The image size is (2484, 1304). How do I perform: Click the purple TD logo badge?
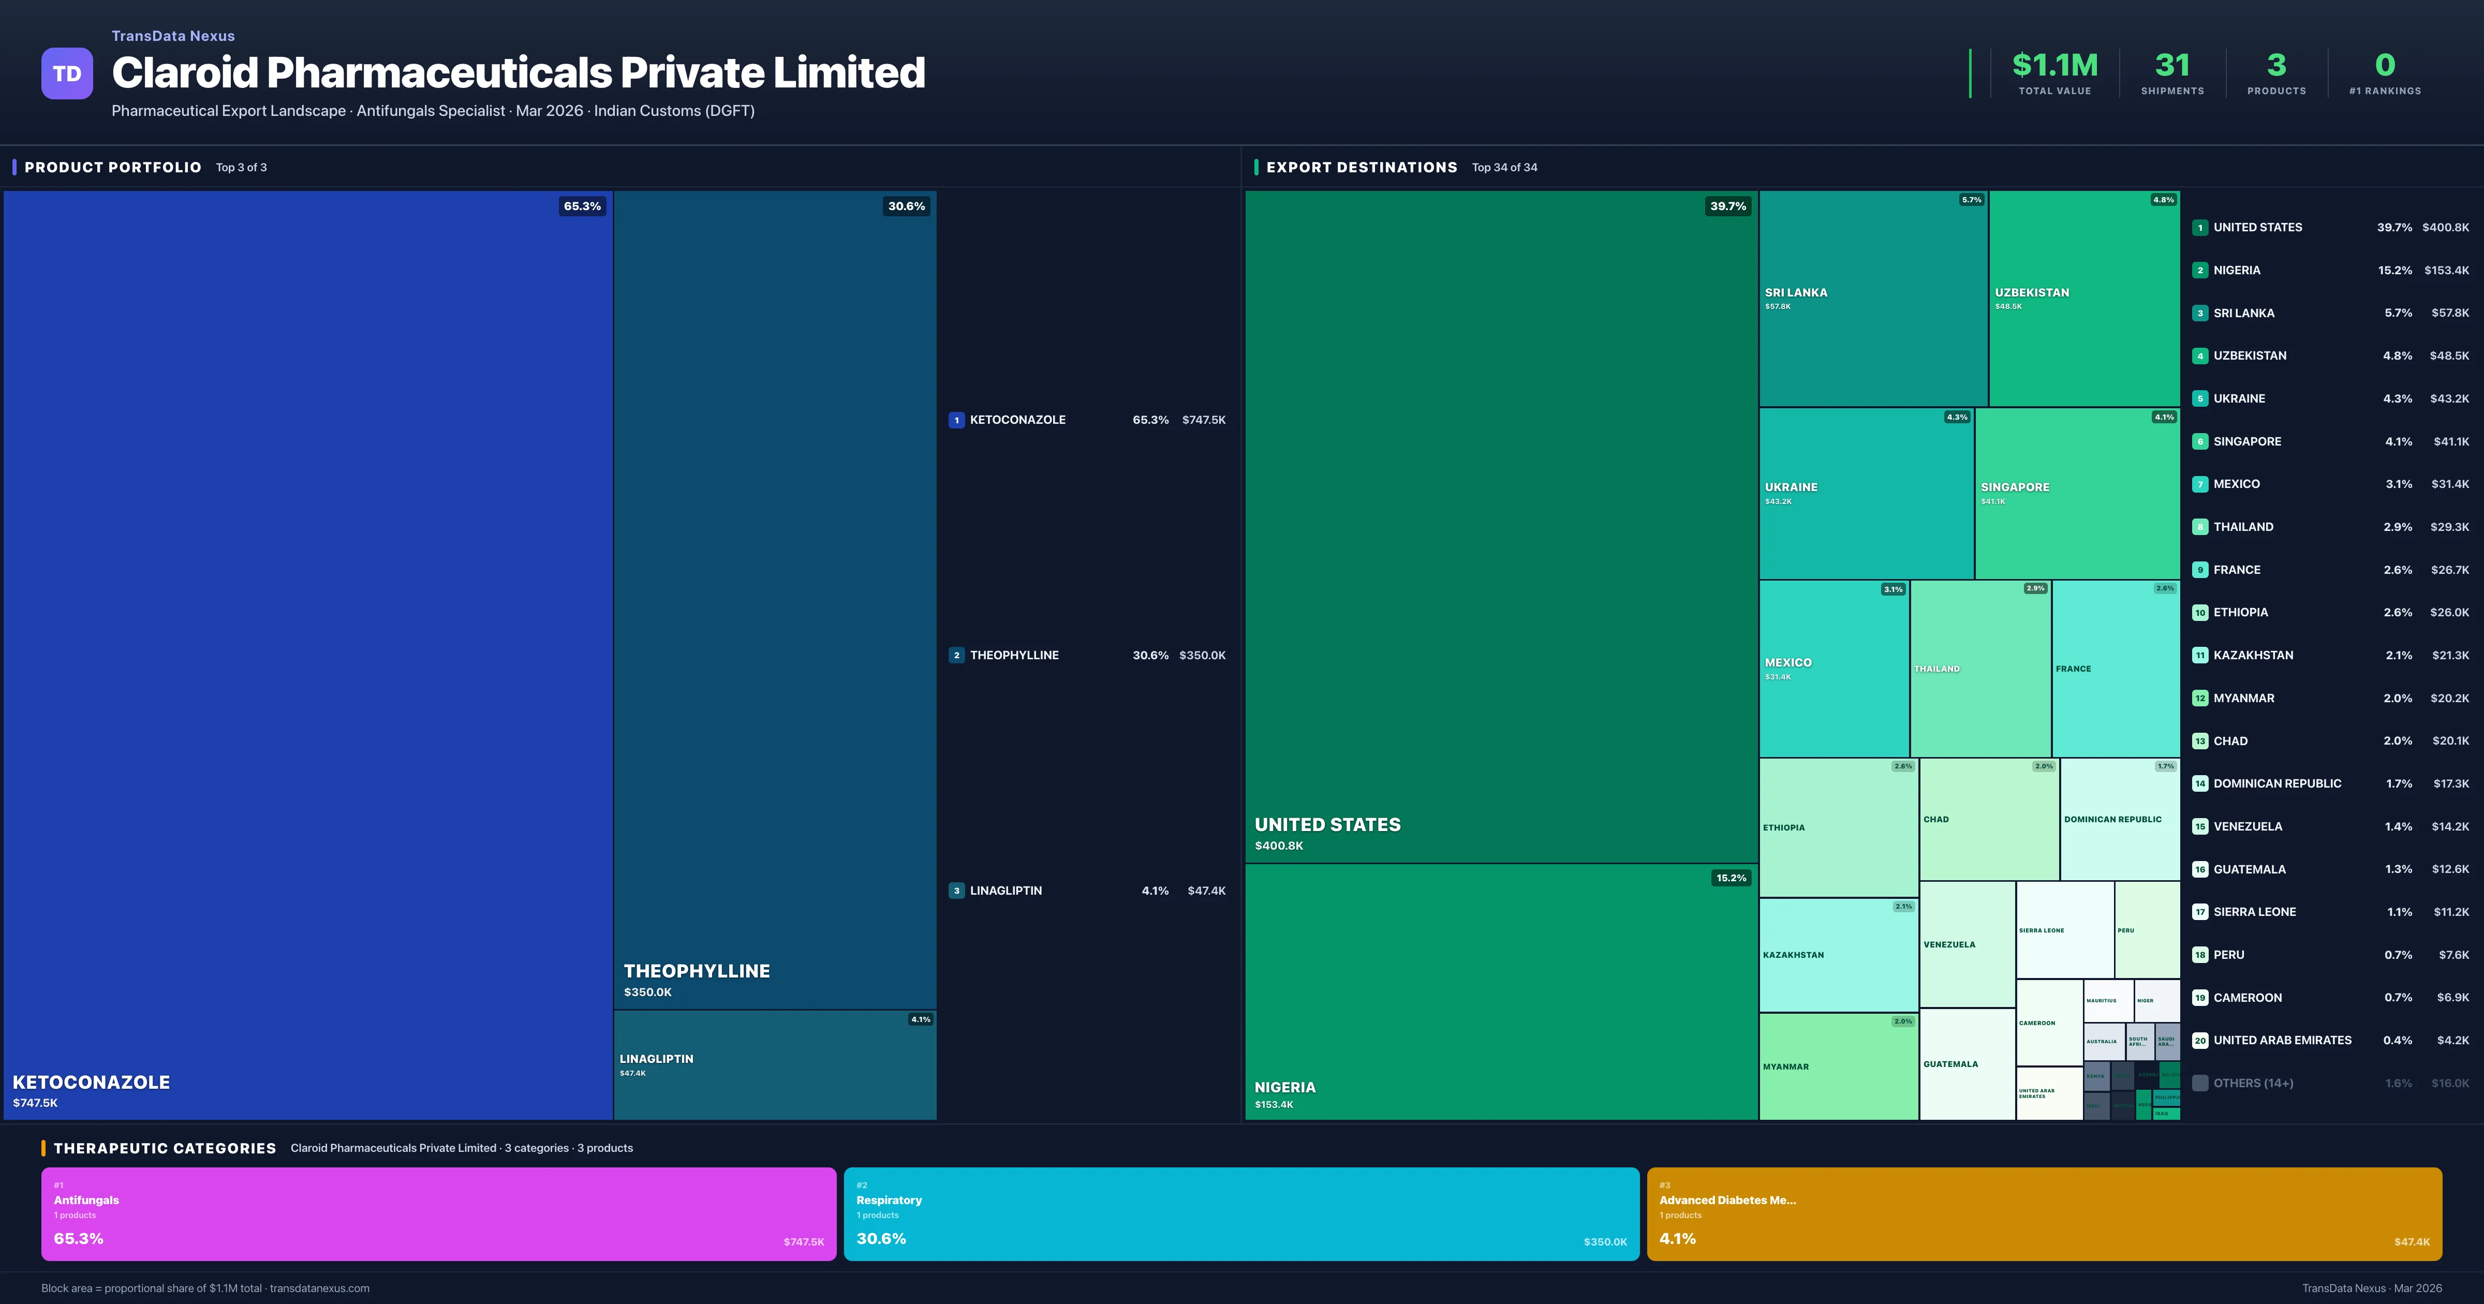click(67, 73)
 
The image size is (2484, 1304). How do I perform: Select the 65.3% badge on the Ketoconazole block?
click(582, 206)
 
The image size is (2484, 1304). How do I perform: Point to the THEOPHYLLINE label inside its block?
click(696, 971)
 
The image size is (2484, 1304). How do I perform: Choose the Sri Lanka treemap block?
click(1873, 299)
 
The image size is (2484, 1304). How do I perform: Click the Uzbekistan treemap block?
click(2083, 299)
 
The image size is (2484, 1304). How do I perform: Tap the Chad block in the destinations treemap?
click(1988, 820)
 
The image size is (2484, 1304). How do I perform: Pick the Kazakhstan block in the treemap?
click(1838, 955)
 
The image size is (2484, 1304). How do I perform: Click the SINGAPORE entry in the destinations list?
click(2247, 442)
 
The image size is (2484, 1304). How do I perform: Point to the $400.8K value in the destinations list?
click(2445, 228)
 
